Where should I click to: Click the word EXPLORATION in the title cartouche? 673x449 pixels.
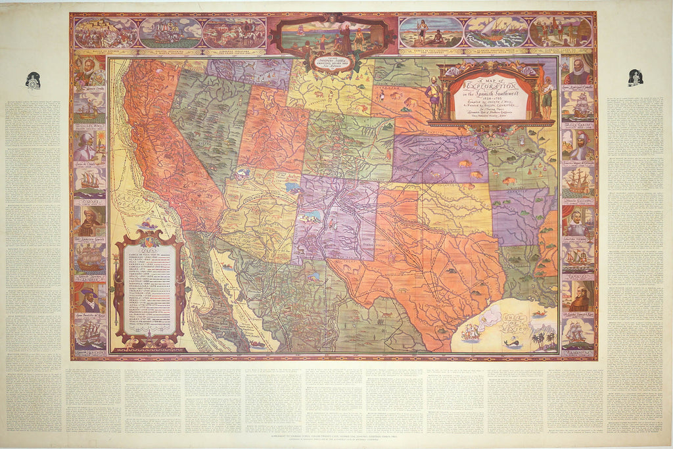[489, 86]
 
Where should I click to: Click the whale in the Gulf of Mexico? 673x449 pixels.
[509, 343]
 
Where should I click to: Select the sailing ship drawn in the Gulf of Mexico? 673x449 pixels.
[471, 333]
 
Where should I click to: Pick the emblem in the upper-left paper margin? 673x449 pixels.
[33, 80]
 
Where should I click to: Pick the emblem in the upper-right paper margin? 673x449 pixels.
[635, 78]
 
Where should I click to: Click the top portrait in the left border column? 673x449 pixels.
[89, 72]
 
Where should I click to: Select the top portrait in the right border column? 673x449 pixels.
[578, 71]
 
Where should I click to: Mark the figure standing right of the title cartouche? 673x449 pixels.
[547, 97]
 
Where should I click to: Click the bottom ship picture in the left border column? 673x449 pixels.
[89, 334]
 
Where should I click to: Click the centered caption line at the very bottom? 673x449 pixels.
[336, 437]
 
